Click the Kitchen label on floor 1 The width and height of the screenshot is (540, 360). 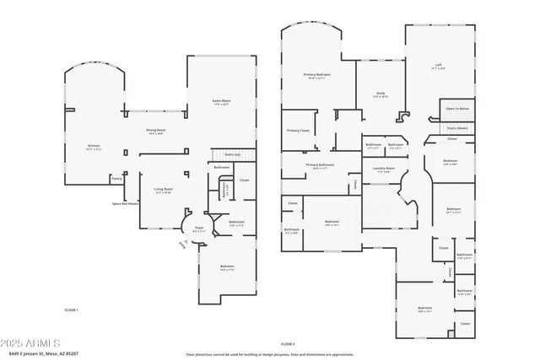pos(94,147)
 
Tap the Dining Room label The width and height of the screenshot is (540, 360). pos(155,131)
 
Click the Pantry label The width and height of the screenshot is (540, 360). pos(116,178)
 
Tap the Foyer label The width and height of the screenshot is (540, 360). pos(199,228)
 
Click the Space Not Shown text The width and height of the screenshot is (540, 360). pos(126,203)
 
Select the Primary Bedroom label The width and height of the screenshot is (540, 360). pos(317,76)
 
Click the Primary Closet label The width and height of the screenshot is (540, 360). pos(298,131)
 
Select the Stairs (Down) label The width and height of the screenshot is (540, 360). pos(457,128)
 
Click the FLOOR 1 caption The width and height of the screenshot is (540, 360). pos(71,310)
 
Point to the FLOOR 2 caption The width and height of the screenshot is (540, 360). pos(288,344)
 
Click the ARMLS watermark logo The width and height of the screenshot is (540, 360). pos(31,344)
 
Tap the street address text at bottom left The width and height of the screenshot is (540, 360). pos(39,355)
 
